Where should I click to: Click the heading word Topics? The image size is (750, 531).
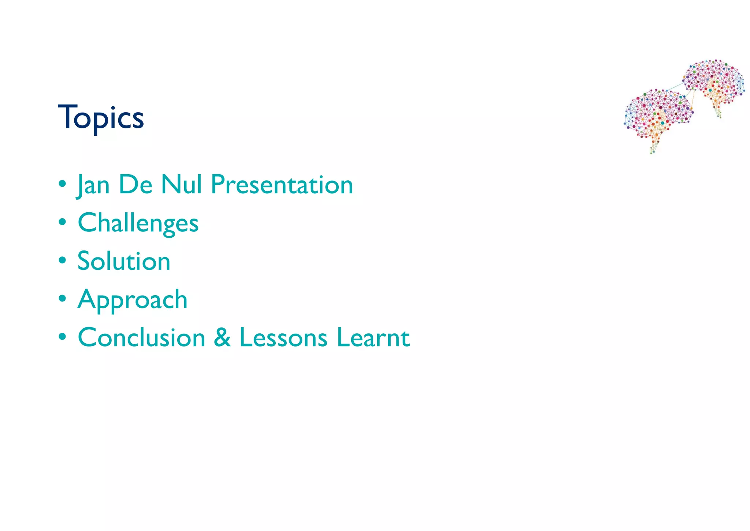pos(101,118)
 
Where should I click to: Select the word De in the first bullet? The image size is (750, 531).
pos(135,184)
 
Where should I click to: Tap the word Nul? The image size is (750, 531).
pos(182,184)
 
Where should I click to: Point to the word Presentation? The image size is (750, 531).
pos(282,184)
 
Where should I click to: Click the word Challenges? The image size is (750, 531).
pos(138,223)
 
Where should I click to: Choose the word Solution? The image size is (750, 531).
pos(124,261)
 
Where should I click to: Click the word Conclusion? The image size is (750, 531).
pos(141,337)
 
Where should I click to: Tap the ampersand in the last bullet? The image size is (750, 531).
pos(222,337)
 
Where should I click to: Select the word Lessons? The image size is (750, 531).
pos(283,337)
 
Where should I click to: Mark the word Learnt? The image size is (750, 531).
pos(373,337)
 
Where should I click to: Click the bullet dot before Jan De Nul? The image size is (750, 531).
pos(63,183)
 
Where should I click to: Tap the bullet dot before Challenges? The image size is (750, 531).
pos(63,222)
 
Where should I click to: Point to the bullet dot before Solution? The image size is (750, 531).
pos(63,260)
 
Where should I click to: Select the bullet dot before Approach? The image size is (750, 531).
pos(63,299)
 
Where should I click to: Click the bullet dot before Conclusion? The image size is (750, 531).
pos(63,337)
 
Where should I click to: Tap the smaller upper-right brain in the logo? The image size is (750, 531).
pos(714,83)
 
